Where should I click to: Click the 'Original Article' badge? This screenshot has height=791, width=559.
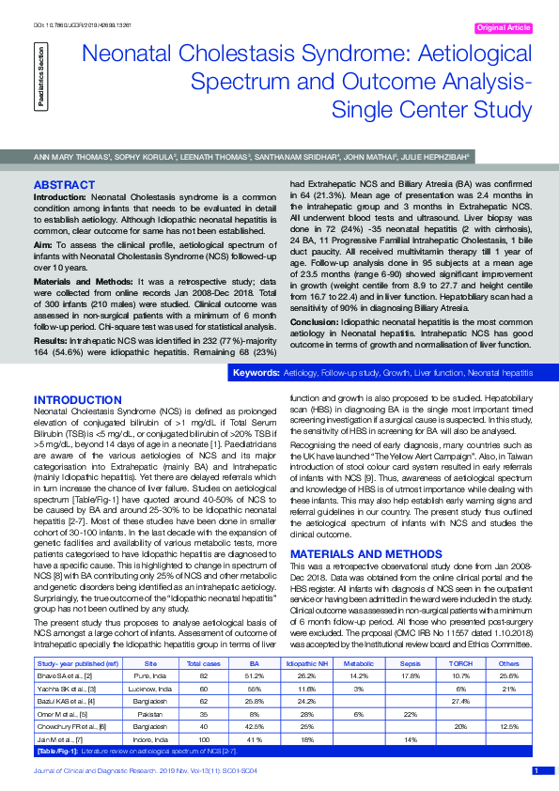point(505,28)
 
